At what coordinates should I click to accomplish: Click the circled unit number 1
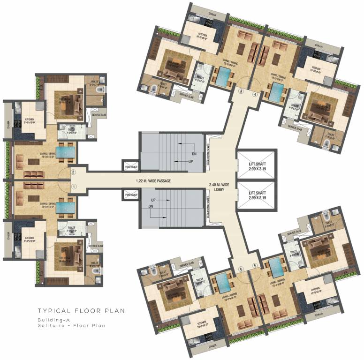coord(74,187)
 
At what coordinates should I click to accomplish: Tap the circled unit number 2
coord(74,172)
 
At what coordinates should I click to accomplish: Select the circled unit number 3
coord(241,91)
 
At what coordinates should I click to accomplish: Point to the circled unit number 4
coord(255,94)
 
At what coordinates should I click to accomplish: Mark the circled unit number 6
coord(241,269)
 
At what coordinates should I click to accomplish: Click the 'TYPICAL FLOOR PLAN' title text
coord(81,310)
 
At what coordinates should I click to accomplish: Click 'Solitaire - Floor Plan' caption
coord(71,325)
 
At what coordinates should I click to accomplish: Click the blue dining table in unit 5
coord(277,268)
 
